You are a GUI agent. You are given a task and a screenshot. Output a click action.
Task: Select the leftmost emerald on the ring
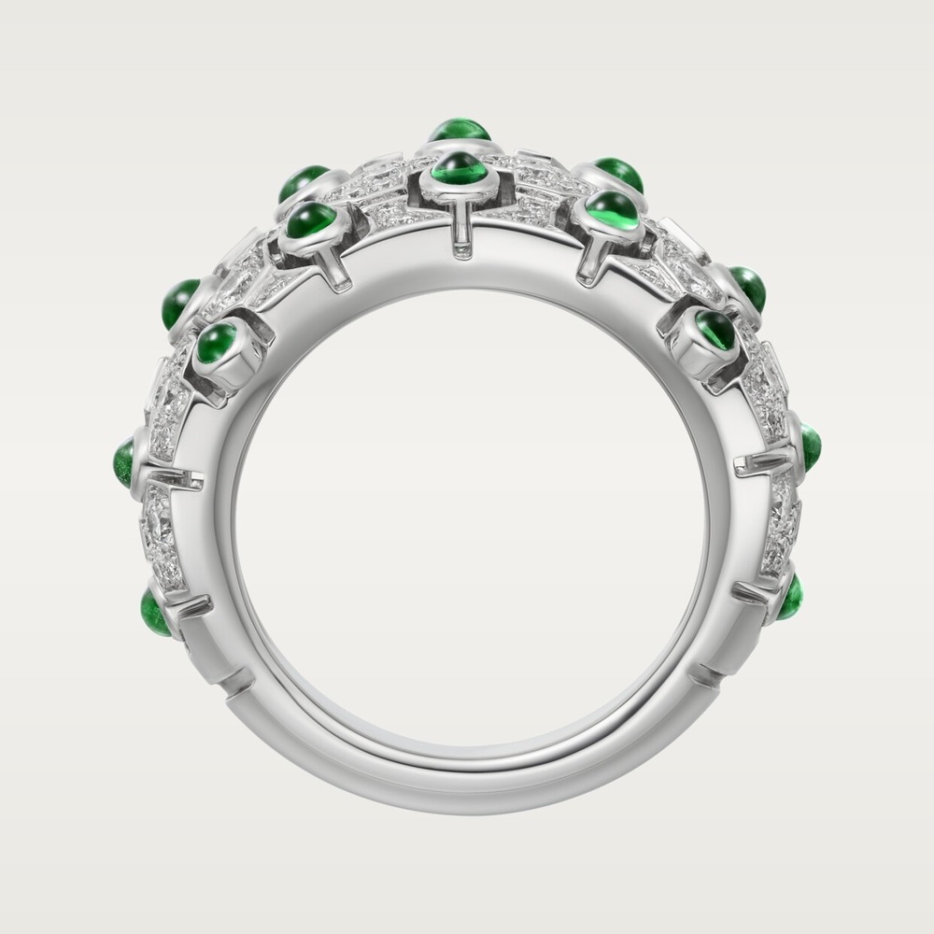point(123,458)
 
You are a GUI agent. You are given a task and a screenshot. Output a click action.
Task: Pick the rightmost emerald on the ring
point(810,446)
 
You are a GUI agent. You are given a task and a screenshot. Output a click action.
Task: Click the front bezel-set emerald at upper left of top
point(311,222)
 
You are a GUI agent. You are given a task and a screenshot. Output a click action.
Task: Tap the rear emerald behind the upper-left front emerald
point(304,180)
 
